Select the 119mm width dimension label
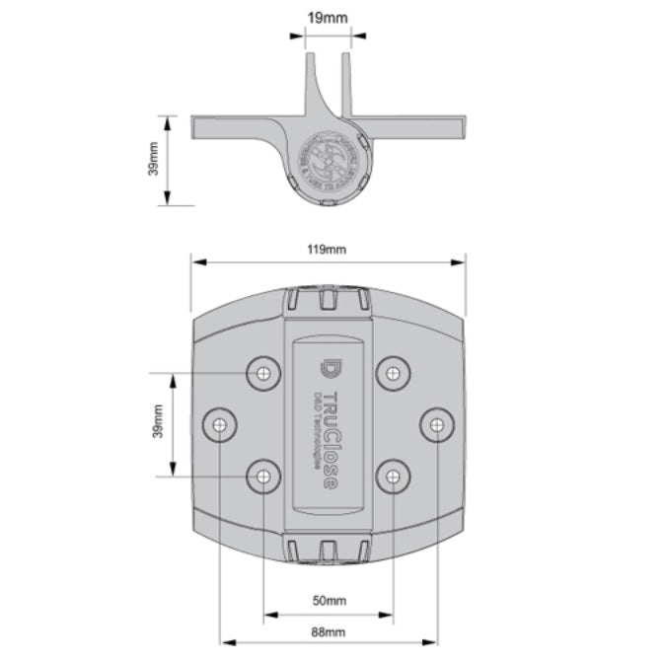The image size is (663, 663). point(328,249)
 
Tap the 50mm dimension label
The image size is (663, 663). point(329,600)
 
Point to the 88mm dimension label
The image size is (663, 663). point(329,631)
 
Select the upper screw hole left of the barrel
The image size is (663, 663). point(262,373)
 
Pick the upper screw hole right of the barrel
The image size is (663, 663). point(393,373)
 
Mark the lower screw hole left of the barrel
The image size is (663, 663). point(262,478)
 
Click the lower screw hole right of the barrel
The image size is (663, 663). point(393,478)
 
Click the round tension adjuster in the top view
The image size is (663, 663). point(329,158)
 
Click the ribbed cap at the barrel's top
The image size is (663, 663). point(328,301)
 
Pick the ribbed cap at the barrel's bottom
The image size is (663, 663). point(328,550)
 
